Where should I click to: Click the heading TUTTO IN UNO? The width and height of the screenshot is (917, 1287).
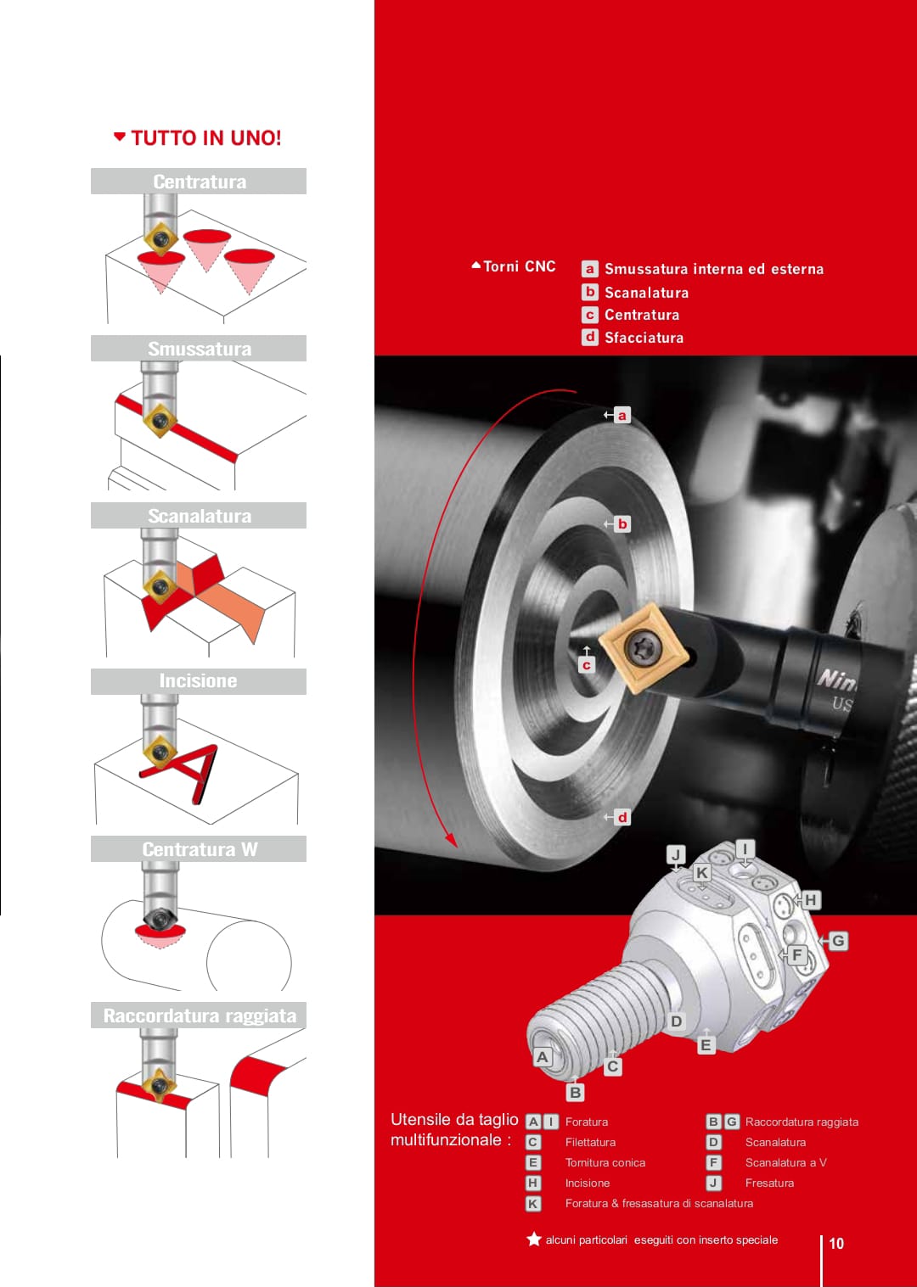pos(205,138)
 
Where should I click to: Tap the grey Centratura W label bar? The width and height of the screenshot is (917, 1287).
pos(199,848)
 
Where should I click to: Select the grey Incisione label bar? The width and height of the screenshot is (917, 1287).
pos(199,681)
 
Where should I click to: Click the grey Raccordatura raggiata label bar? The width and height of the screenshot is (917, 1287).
pos(199,1016)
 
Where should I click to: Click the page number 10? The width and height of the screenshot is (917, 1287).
pos(836,1244)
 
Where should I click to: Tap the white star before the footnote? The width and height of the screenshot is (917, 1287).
pos(534,1239)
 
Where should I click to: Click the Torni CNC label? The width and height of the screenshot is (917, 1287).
pos(519,266)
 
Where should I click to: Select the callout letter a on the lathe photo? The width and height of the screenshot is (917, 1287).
pos(622,415)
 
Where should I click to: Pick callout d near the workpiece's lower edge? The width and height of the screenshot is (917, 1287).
pos(622,817)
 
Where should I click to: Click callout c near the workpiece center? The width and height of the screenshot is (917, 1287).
pos(587,665)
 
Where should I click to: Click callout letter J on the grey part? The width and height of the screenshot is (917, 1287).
pos(676,855)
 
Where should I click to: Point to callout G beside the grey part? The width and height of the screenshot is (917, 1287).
pos(838,941)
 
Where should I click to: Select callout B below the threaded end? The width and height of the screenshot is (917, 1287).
pos(575,1092)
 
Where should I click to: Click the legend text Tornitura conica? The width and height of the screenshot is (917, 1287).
pos(605,1162)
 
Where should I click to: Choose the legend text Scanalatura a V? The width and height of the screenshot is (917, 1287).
pos(786,1162)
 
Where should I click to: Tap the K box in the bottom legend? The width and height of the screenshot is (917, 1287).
pos(533,1203)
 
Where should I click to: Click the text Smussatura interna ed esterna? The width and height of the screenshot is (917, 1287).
pos(714,269)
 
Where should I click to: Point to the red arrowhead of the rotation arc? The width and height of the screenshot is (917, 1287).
pos(452,840)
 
